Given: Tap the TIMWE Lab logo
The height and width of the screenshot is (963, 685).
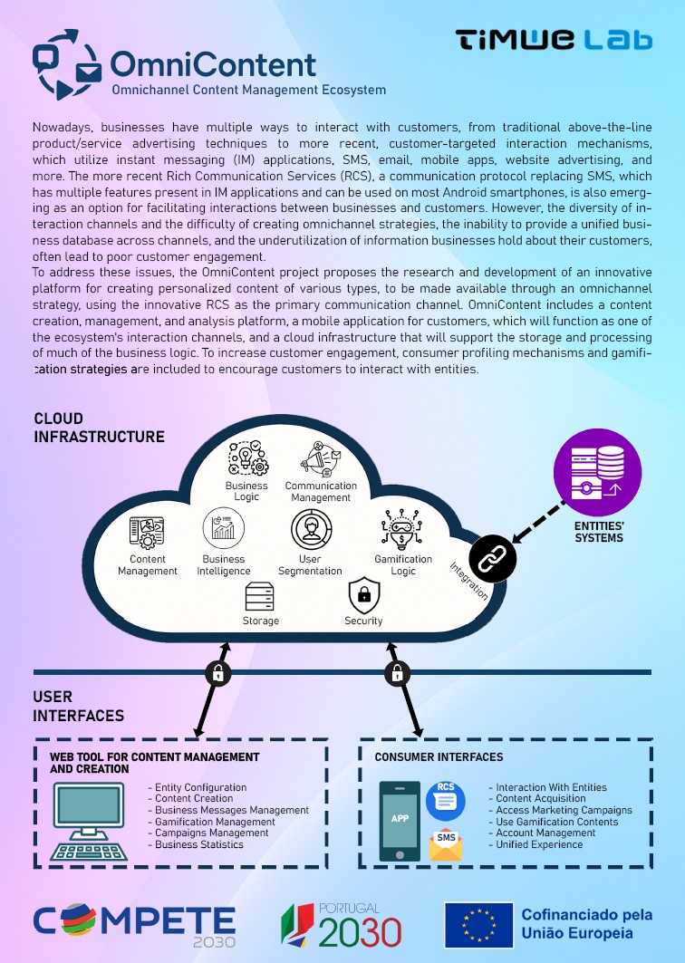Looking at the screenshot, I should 554,40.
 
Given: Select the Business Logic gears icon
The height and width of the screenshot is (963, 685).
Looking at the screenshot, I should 247,458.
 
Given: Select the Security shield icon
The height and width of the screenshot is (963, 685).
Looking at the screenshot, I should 363,595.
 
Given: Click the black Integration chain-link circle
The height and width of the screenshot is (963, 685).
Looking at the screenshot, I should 492,559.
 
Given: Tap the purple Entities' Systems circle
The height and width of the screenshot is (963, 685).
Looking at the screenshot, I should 597,472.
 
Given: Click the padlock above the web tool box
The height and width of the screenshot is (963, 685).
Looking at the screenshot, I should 217,672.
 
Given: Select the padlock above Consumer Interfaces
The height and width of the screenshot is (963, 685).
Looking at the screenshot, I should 396,672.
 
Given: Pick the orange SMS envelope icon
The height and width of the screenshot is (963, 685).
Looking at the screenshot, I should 446,844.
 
